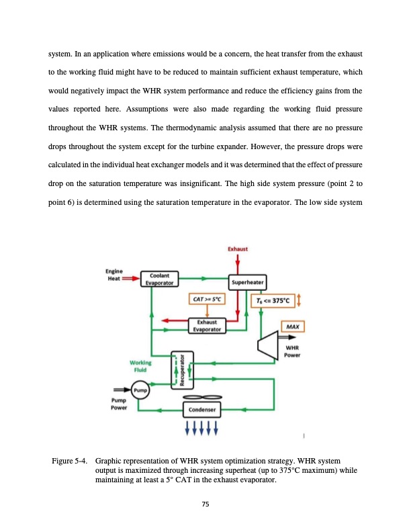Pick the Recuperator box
pos(180,369)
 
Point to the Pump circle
pos(140,390)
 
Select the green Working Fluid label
pos(140,368)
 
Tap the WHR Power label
pos(292,351)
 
